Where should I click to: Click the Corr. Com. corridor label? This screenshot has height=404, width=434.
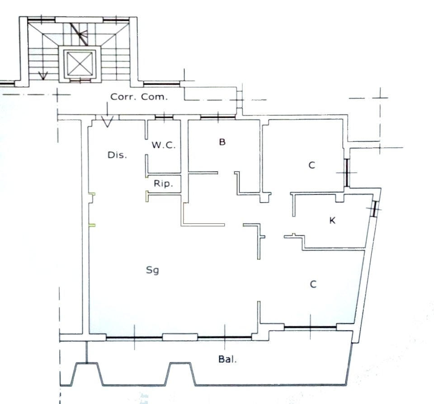[x=139, y=97]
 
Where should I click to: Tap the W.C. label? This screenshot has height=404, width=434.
[x=164, y=145]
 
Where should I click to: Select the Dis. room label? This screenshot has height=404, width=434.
[x=117, y=155]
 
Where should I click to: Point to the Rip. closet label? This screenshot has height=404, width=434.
[x=163, y=183]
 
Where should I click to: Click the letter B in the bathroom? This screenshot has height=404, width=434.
[x=222, y=142]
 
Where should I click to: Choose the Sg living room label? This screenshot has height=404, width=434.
[x=152, y=270]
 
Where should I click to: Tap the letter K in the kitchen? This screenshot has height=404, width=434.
[x=332, y=220]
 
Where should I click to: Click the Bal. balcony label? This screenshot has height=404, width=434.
[x=227, y=359]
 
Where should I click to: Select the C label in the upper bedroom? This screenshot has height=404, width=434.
[x=311, y=165]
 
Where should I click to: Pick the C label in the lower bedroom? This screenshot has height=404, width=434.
[x=313, y=285]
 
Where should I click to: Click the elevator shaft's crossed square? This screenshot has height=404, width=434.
[x=80, y=63]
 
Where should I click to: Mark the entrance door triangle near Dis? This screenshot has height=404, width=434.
[x=107, y=122]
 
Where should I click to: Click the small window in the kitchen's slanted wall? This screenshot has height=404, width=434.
[x=374, y=209]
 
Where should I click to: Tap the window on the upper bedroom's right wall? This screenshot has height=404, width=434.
[x=347, y=172]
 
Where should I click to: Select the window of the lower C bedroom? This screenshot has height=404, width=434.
[x=310, y=328]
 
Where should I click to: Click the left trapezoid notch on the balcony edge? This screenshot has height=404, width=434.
[x=87, y=373]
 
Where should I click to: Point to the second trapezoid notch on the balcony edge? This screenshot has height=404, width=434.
[x=180, y=373]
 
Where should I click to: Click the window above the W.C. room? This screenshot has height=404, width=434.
[x=164, y=118]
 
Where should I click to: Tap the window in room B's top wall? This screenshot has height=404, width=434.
[x=218, y=118]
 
